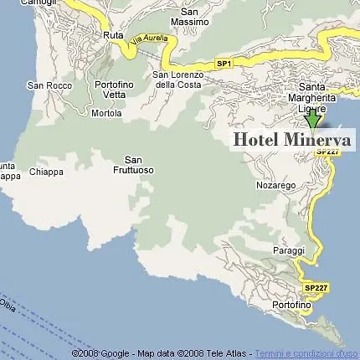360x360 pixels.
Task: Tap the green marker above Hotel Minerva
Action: coord(313,121)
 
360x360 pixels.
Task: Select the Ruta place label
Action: coord(113,35)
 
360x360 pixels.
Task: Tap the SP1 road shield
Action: coord(224,64)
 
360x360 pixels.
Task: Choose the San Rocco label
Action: coord(47,85)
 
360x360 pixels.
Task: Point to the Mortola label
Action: coord(106,113)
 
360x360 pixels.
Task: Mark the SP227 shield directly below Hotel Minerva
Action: coord(327,152)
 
